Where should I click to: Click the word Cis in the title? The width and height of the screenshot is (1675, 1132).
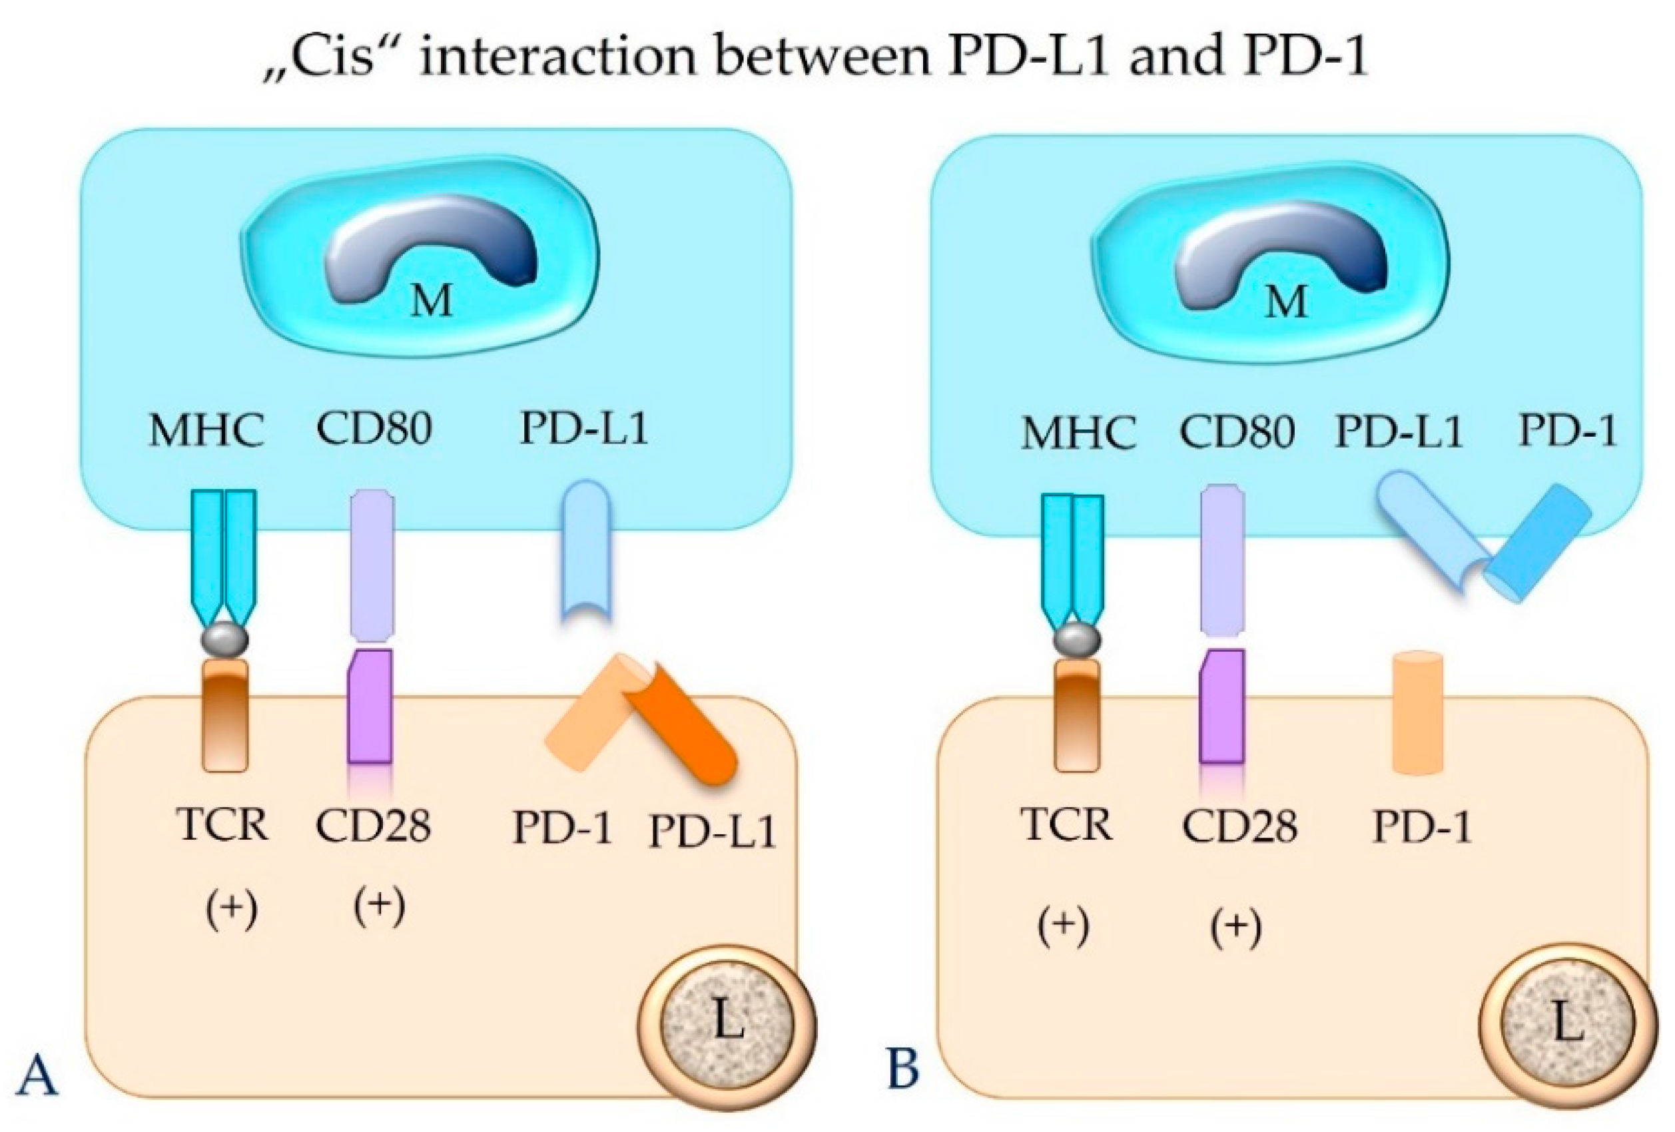336,56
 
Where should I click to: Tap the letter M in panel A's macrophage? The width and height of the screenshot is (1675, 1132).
432,299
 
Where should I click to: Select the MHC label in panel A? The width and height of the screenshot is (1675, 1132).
206,431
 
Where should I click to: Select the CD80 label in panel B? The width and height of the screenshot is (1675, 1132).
1237,431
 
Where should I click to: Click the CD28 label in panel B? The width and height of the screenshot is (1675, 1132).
1239,826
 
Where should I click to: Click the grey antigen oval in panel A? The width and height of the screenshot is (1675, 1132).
225,639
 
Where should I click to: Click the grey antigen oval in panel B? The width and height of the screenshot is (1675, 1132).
1077,639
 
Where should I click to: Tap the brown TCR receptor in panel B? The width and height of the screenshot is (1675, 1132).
1078,714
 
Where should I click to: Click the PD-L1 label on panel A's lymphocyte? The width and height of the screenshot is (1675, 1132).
712,832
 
